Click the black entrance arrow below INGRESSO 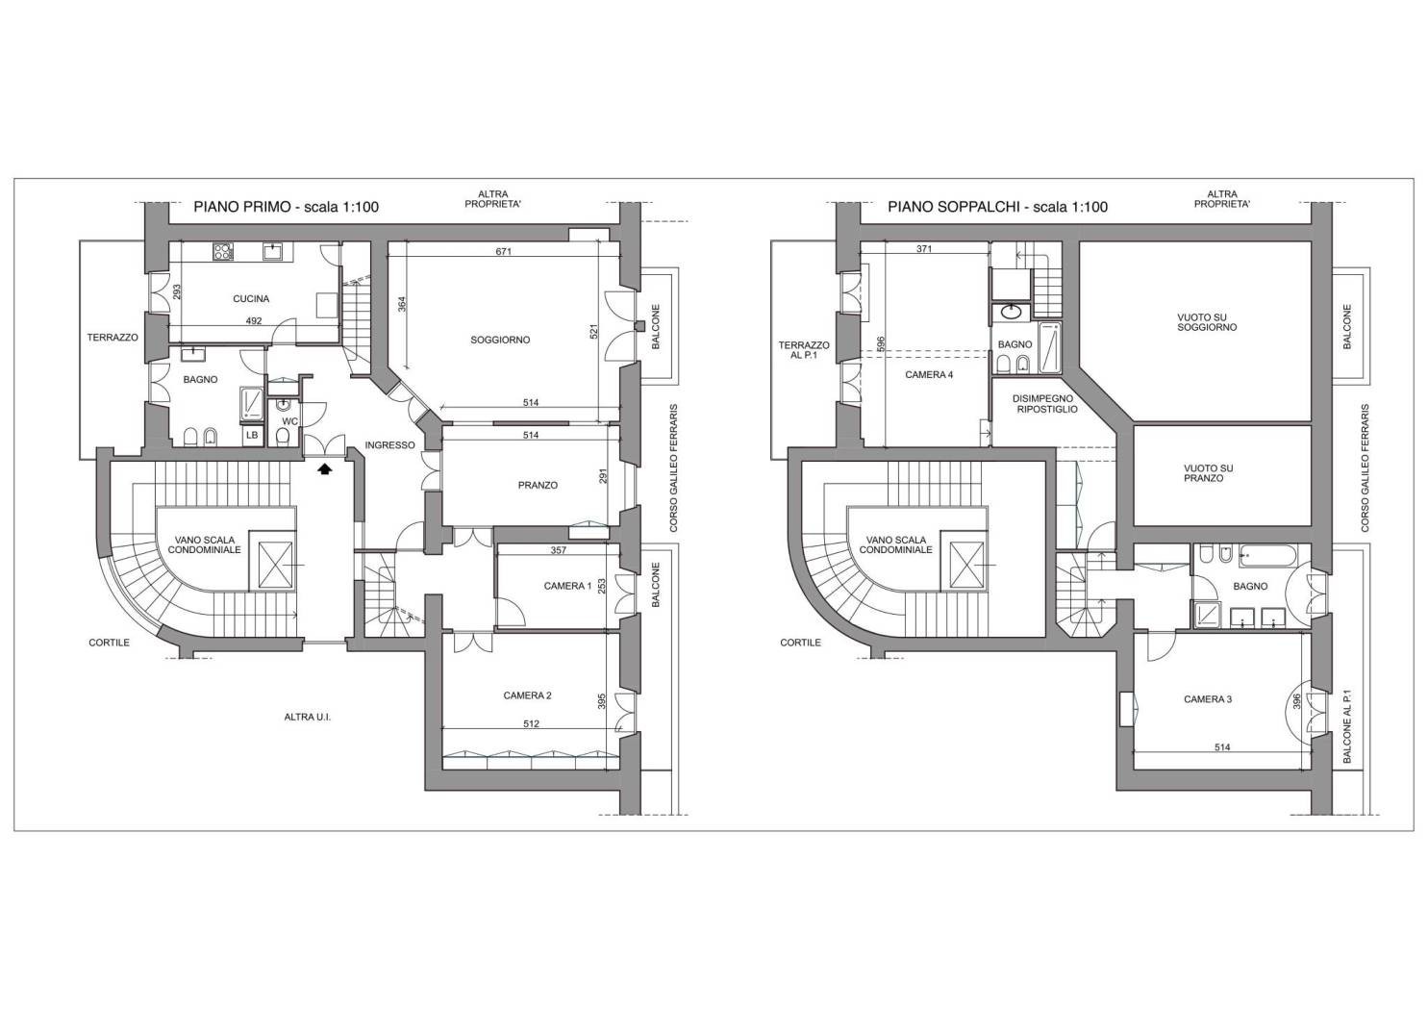[325, 469]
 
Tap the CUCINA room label [251, 298]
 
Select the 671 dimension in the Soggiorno [504, 251]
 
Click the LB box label [253, 435]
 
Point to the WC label [290, 421]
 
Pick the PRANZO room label [538, 485]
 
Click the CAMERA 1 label [567, 586]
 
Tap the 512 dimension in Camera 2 [531, 723]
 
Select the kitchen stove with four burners [223, 251]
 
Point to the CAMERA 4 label [929, 375]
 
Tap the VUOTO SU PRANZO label [1209, 473]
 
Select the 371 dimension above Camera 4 [924, 249]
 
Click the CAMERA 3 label [1208, 699]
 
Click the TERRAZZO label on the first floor [113, 338]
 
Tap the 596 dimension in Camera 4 [881, 343]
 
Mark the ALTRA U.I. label [308, 718]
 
